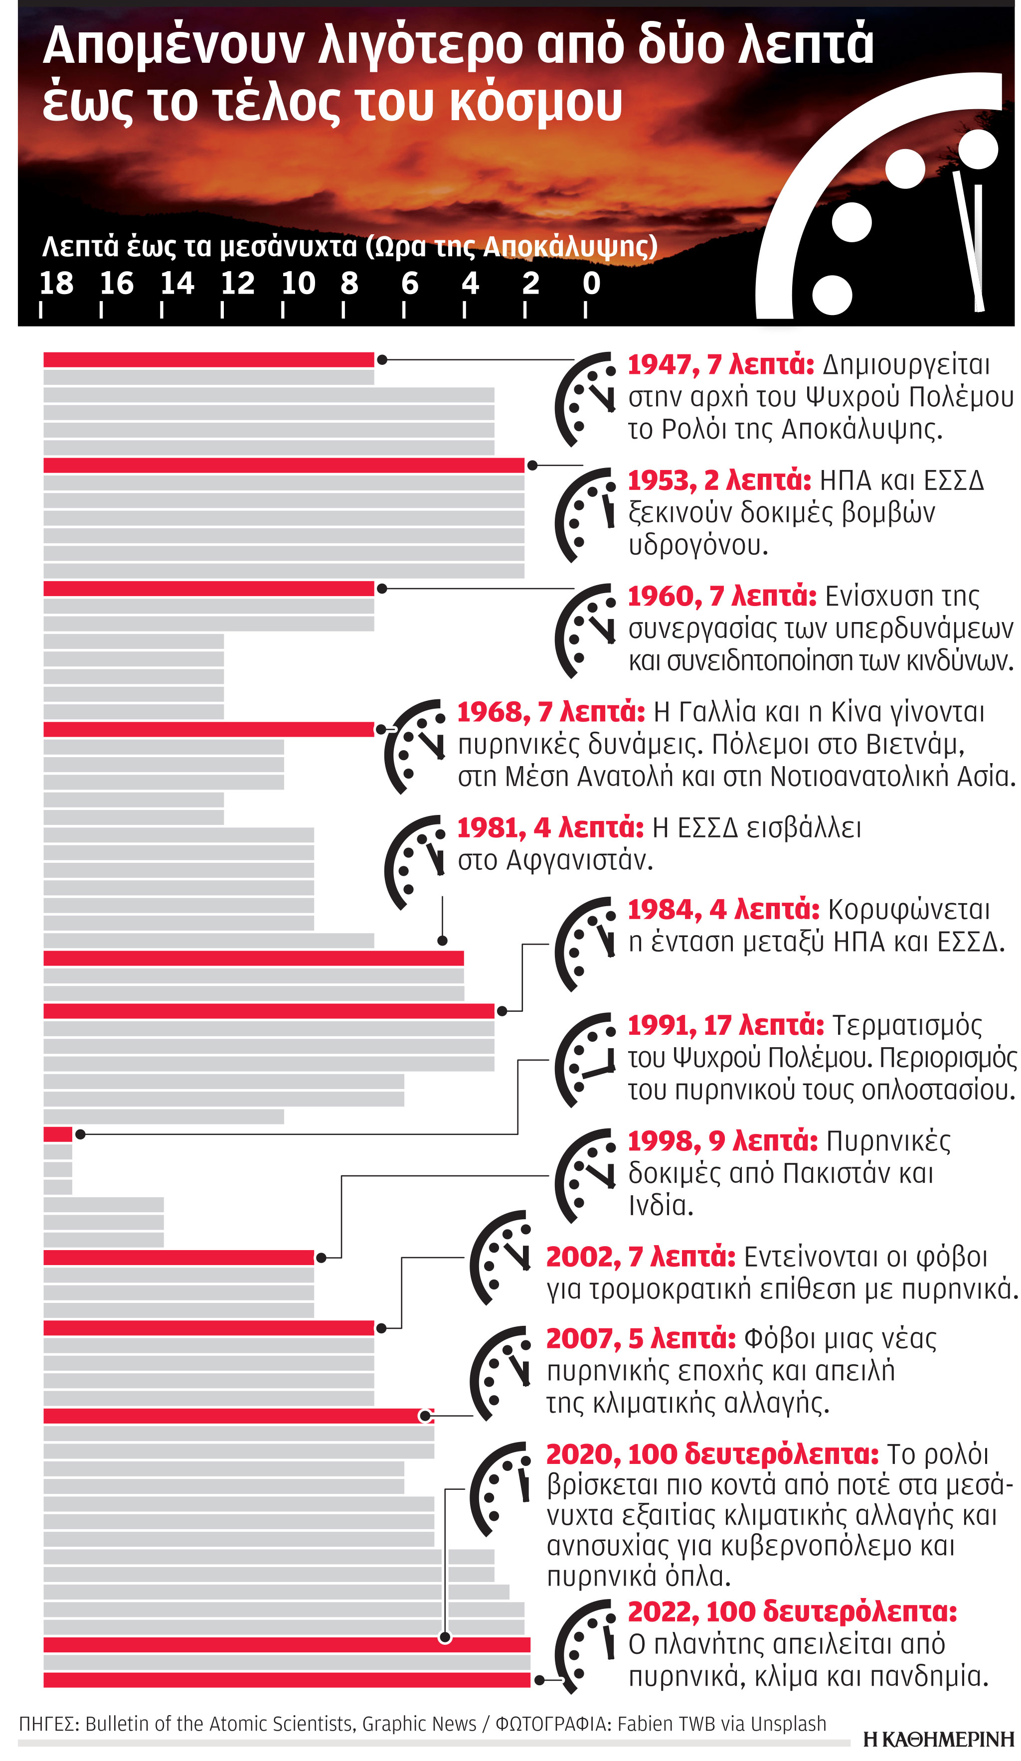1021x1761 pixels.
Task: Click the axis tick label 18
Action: coord(56,283)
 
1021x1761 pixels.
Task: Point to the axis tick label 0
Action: coord(591,283)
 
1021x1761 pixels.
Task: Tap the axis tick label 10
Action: coord(299,283)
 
